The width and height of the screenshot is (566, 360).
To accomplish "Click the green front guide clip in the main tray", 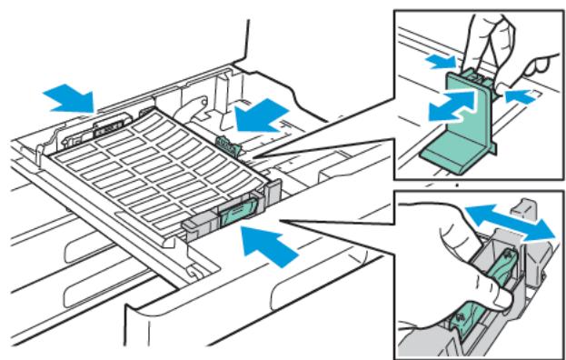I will [x=231, y=215].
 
